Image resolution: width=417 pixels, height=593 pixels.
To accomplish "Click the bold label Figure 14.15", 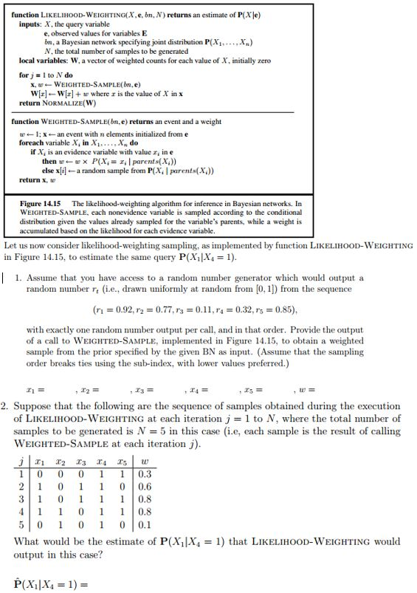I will coord(43,203).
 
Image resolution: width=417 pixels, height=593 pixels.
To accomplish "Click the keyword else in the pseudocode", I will coord(49,170).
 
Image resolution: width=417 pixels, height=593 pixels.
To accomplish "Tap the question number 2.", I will coord(5,406).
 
